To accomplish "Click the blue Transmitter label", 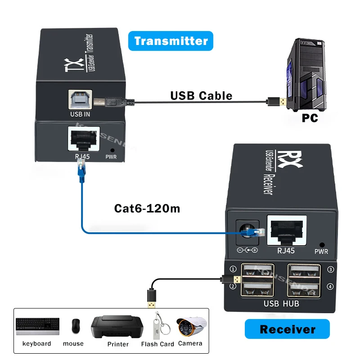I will coord(171,41).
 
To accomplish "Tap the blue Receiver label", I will coord(287,329).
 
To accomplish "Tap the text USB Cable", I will coord(201,95).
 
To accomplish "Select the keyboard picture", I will coord(37,326).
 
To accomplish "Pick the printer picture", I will coord(118,327).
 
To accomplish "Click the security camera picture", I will coord(191,326).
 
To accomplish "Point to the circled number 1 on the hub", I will coord(233,270).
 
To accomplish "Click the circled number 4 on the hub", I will coord(330,286).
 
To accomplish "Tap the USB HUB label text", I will coord(281,304).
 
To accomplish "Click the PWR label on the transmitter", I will coord(111,157).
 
